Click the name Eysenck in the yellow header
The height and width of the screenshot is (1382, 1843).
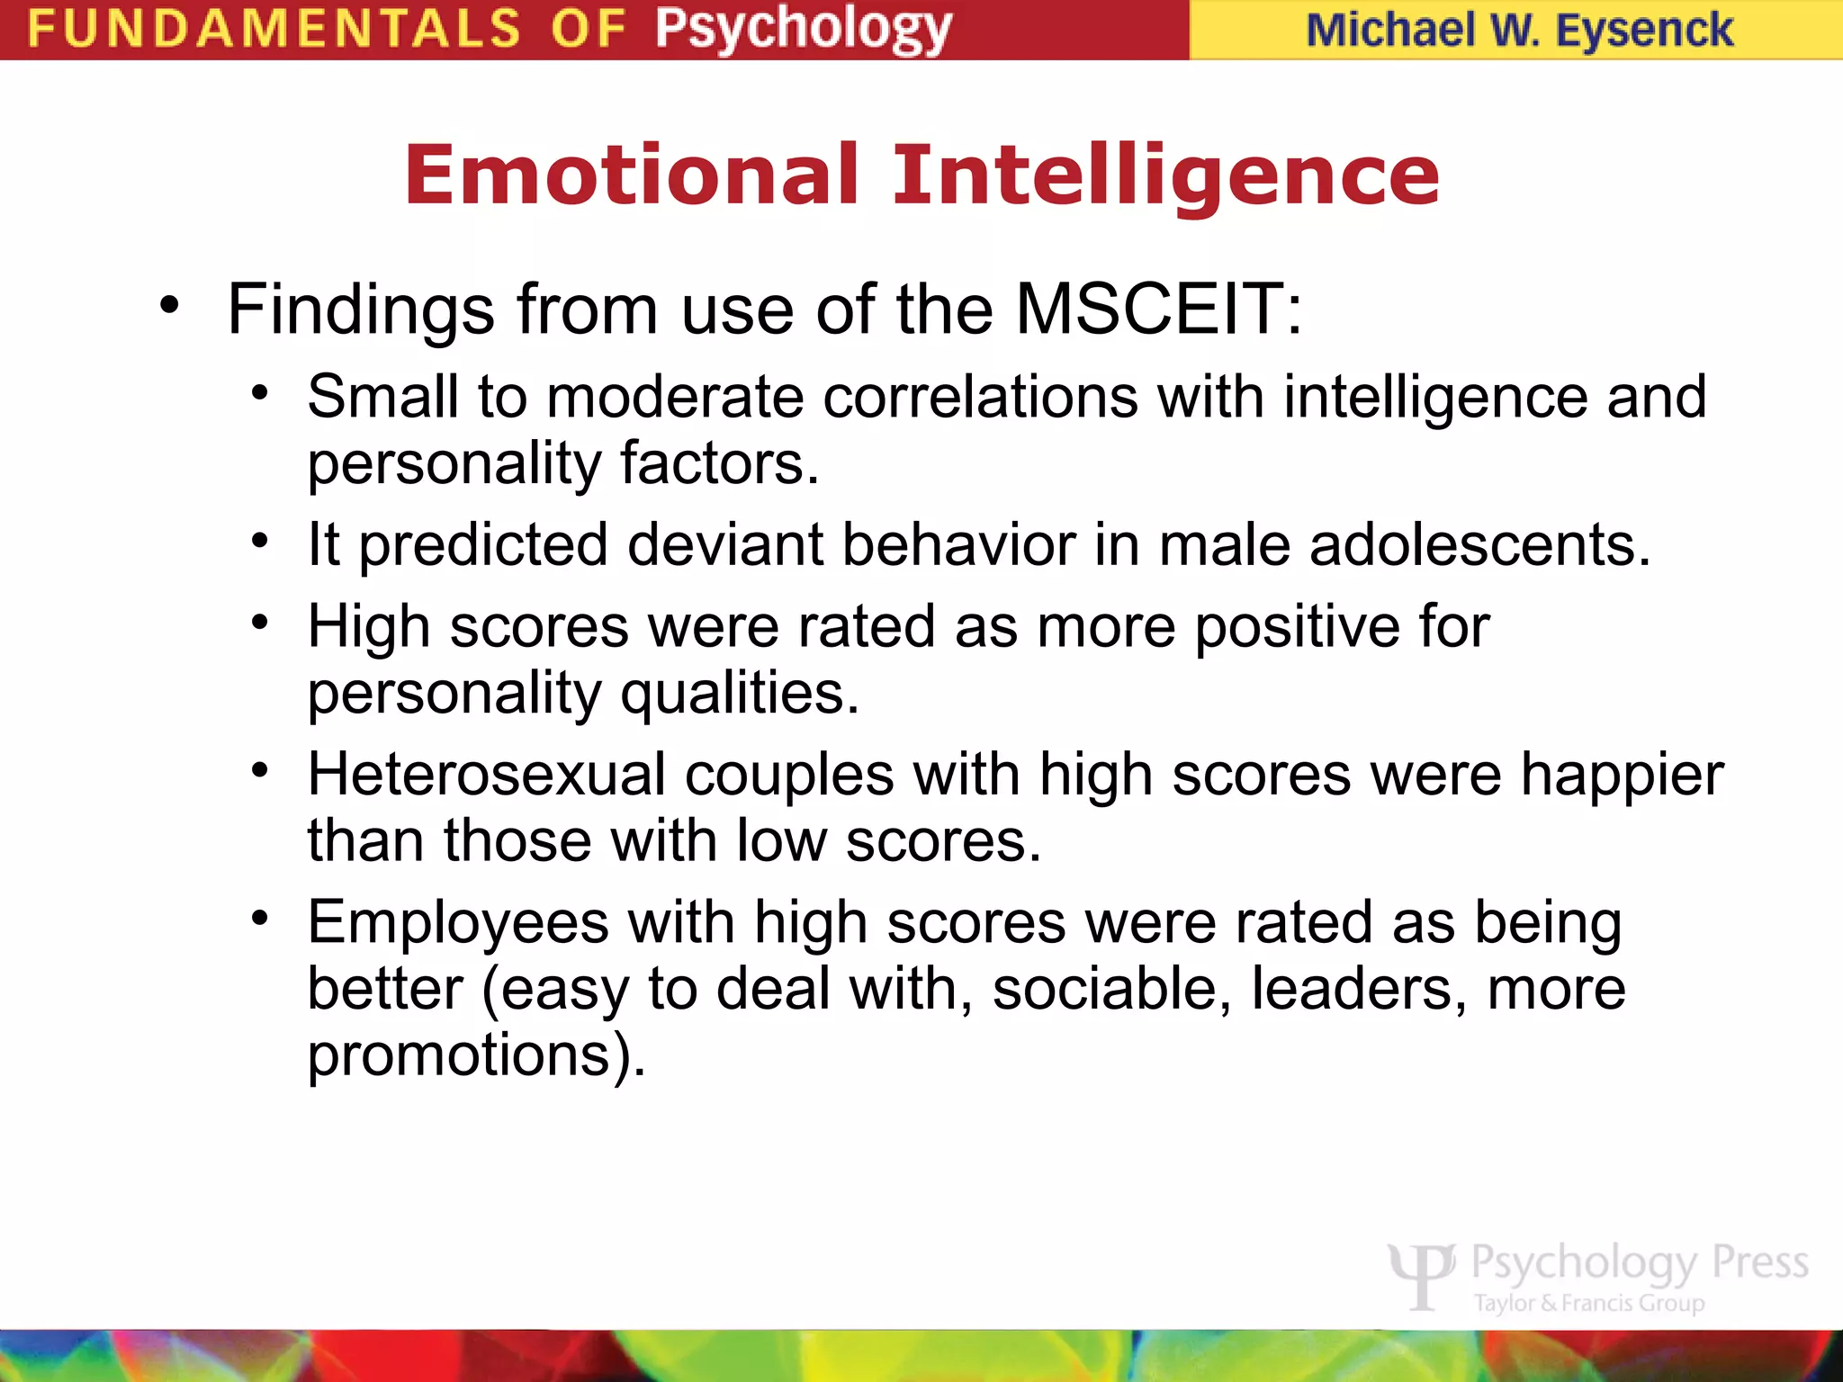tap(1644, 31)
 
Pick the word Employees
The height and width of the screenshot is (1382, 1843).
tap(458, 924)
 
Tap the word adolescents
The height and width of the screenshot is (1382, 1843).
tap(1479, 545)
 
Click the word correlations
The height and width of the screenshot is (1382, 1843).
tap(980, 397)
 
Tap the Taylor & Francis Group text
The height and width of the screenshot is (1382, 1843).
tap(1588, 1303)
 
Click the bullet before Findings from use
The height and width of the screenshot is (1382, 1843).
tap(169, 306)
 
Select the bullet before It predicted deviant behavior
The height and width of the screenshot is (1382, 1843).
tap(261, 541)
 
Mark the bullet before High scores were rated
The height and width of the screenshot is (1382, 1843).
tap(261, 622)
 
